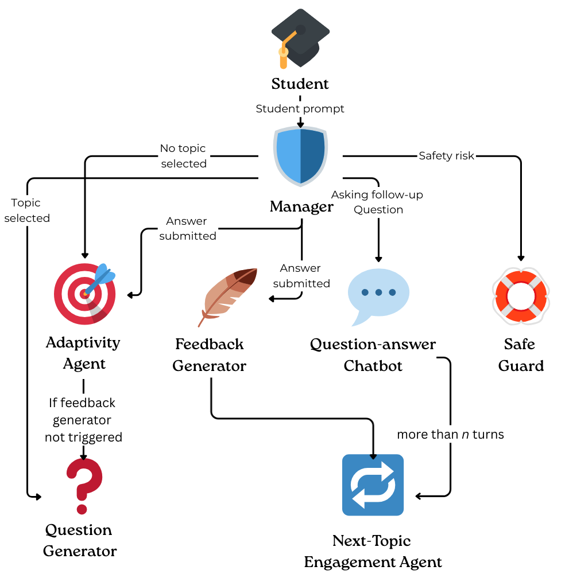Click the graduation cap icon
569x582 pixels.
[300, 38]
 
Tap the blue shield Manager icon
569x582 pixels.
[300, 156]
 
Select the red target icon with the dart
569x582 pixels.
[85, 294]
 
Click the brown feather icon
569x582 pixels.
[227, 297]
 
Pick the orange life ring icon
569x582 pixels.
[521, 296]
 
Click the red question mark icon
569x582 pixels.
[84, 486]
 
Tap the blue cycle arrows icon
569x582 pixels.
[373, 485]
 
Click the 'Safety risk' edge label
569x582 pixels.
[446, 155]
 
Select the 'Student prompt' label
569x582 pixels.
[300, 109]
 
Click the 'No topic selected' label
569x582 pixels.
[184, 156]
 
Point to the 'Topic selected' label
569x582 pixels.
[27, 210]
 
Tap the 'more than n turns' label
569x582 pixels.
[451, 434]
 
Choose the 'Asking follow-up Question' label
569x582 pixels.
[377, 202]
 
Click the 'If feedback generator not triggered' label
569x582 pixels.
[83, 420]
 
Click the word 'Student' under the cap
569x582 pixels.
[300, 84]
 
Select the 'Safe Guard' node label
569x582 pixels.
[521, 355]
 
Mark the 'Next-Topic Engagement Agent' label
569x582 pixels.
[373, 551]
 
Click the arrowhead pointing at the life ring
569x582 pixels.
[521, 259]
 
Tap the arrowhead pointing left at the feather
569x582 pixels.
[272, 299]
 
